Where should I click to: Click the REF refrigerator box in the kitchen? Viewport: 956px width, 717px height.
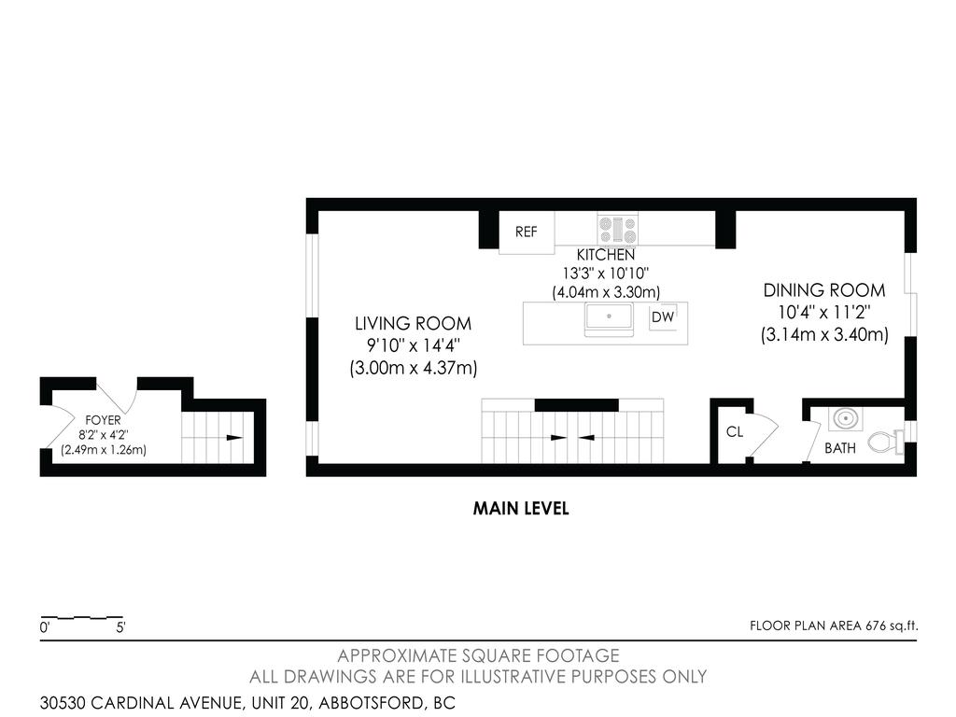(527, 232)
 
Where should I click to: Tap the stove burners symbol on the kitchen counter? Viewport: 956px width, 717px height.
(618, 228)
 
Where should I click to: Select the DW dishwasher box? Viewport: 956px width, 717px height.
(663, 317)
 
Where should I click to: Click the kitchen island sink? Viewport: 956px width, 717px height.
(610, 318)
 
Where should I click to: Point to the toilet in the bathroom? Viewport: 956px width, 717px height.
(885, 441)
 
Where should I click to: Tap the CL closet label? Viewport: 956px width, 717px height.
(735, 432)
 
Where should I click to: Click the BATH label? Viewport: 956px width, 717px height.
(839, 449)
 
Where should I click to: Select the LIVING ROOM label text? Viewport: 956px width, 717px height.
(413, 324)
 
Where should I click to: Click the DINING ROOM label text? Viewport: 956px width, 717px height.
(823, 290)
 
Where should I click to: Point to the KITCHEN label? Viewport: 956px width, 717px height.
(605, 255)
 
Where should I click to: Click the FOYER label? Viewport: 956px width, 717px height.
(103, 419)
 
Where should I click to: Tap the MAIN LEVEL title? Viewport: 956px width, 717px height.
(520, 509)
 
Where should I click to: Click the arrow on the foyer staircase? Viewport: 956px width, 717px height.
(233, 437)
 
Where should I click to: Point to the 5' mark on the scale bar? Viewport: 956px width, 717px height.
(120, 628)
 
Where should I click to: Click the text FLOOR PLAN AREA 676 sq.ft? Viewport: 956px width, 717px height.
(834, 626)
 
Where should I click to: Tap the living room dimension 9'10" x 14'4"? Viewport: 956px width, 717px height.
(413, 346)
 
